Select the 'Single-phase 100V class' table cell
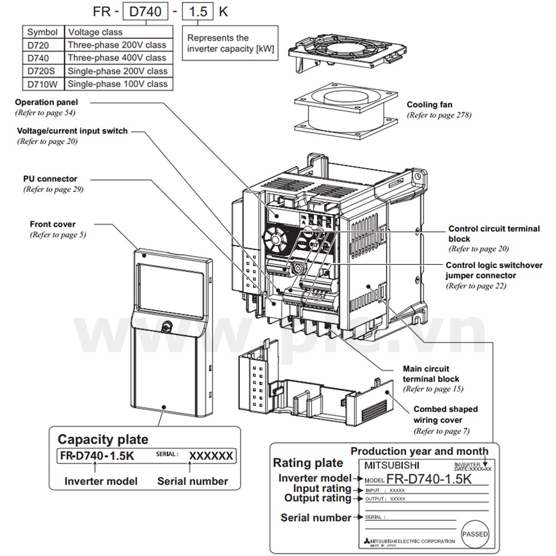click(117, 84)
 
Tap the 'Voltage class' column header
click(95, 32)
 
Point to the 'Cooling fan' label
click(429, 105)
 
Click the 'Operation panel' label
click(47, 102)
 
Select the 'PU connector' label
click(50, 179)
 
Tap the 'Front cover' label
click(53, 224)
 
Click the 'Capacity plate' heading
click(103, 439)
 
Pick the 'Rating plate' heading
click(307, 463)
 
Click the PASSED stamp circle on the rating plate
click(475, 534)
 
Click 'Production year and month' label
click(419, 451)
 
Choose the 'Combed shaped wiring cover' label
click(445, 414)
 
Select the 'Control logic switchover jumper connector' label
click(494, 270)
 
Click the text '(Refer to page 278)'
click(439, 115)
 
